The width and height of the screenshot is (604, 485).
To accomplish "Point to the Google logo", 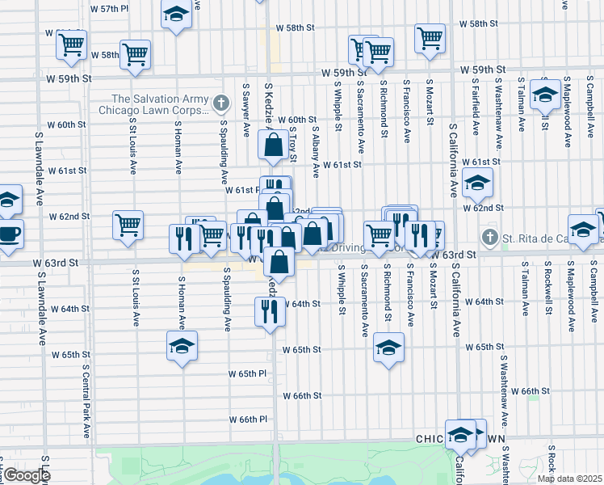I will tap(26, 475).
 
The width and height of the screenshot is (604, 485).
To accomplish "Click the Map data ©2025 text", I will tap(568, 479).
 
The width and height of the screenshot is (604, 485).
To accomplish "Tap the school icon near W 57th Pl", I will tap(175, 15).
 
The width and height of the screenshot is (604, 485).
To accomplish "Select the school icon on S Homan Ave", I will tap(182, 347).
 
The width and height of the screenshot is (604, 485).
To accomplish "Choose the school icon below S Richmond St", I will tap(388, 348).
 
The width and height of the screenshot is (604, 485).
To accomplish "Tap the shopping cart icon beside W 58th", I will tap(135, 54).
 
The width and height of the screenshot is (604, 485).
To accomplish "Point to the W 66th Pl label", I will tap(248, 420).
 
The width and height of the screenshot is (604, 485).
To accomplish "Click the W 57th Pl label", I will tap(110, 9).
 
